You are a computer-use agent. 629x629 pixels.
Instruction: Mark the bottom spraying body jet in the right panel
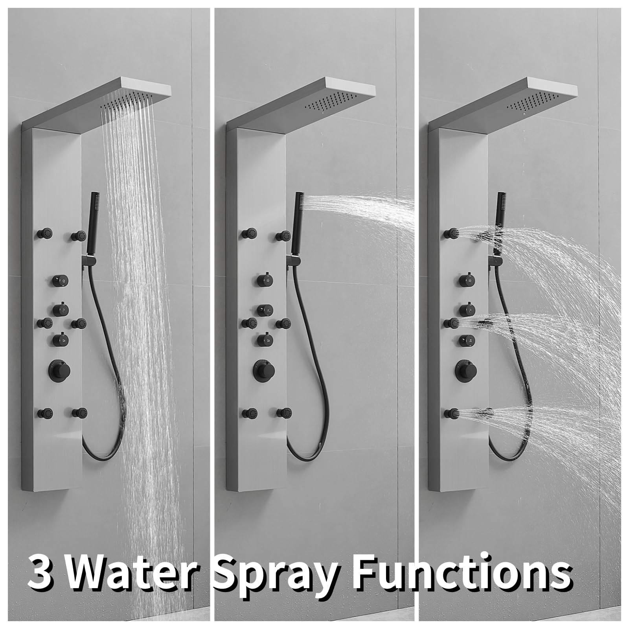click(451, 413)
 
